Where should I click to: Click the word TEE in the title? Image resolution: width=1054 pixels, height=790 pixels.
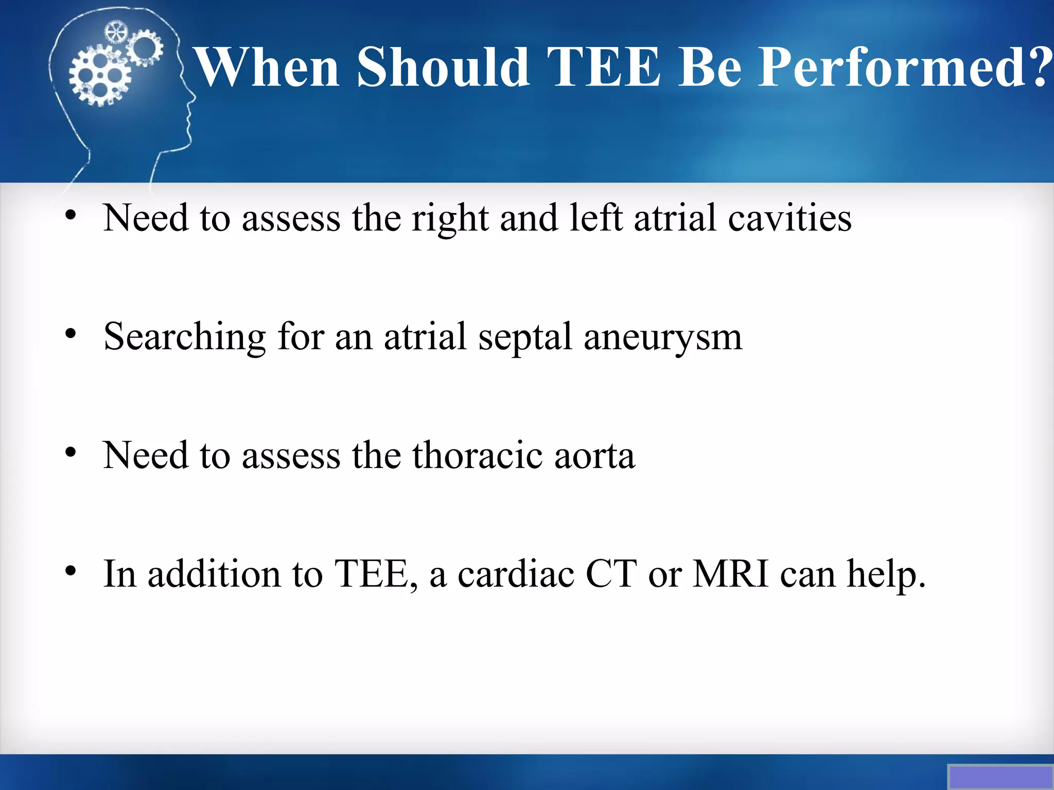click(603, 67)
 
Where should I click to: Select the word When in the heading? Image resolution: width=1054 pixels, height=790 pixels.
click(267, 67)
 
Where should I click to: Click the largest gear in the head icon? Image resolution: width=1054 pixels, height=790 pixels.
click(99, 76)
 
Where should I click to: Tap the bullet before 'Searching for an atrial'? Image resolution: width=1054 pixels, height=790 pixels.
click(71, 334)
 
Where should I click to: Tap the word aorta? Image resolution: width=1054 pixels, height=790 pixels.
click(594, 456)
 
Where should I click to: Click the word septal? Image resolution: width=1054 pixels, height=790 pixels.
click(525, 337)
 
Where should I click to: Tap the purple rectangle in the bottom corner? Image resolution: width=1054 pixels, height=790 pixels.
click(1000, 777)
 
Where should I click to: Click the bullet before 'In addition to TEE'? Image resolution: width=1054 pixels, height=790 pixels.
click(71, 571)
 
